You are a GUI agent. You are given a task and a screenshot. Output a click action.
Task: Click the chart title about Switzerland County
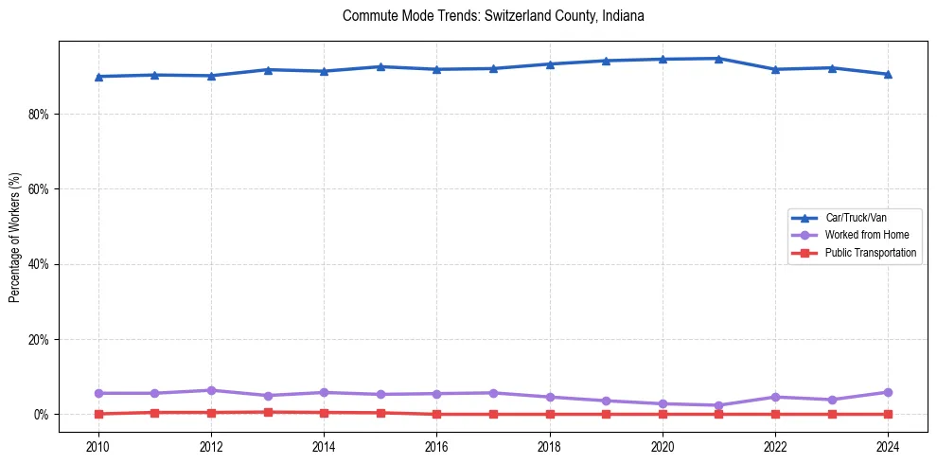click(493, 16)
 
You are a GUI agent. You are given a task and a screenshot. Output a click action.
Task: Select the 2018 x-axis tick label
click(550, 445)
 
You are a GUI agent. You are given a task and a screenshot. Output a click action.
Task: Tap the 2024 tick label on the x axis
click(888, 445)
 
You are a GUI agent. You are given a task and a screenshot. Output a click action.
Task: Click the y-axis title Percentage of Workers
click(15, 237)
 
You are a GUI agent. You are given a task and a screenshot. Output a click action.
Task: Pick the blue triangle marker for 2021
click(718, 59)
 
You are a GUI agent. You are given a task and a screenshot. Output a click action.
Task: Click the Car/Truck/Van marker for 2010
click(98, 77)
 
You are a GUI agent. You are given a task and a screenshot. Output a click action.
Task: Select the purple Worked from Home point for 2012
click(211, 390)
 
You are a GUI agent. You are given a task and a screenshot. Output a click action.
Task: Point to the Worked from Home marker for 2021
click(718, 405)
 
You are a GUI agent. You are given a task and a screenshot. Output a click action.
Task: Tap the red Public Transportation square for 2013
click(268, 412)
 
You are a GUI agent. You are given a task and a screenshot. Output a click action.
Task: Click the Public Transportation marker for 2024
click(888, 414)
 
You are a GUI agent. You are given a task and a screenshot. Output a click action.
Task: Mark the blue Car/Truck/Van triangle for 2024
click(888, 74)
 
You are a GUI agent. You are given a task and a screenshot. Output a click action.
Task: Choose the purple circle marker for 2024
click(888, 392)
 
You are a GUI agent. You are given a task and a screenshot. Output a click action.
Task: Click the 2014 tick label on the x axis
click(324, 445)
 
